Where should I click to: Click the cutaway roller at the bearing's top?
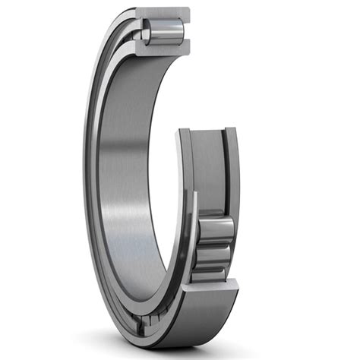point(166,32)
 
